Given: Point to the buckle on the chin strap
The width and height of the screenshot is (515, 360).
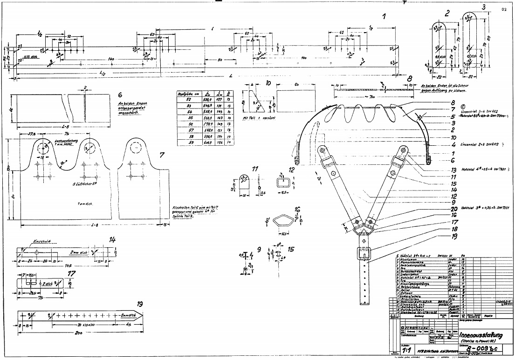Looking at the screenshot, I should click(x=364, y=254).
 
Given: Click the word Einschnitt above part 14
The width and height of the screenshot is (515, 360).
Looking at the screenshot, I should click(x=40, y=242).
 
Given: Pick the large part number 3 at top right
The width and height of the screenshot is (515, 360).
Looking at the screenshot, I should click(x=484, y=7).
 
